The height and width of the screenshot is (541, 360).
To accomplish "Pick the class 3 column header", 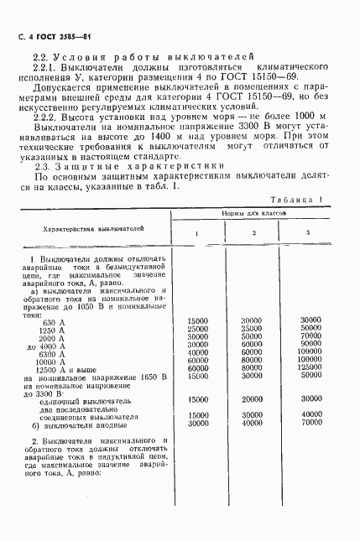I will click(x=307, y=232).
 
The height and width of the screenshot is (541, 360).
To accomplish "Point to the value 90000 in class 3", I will click(x=310, y=344).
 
